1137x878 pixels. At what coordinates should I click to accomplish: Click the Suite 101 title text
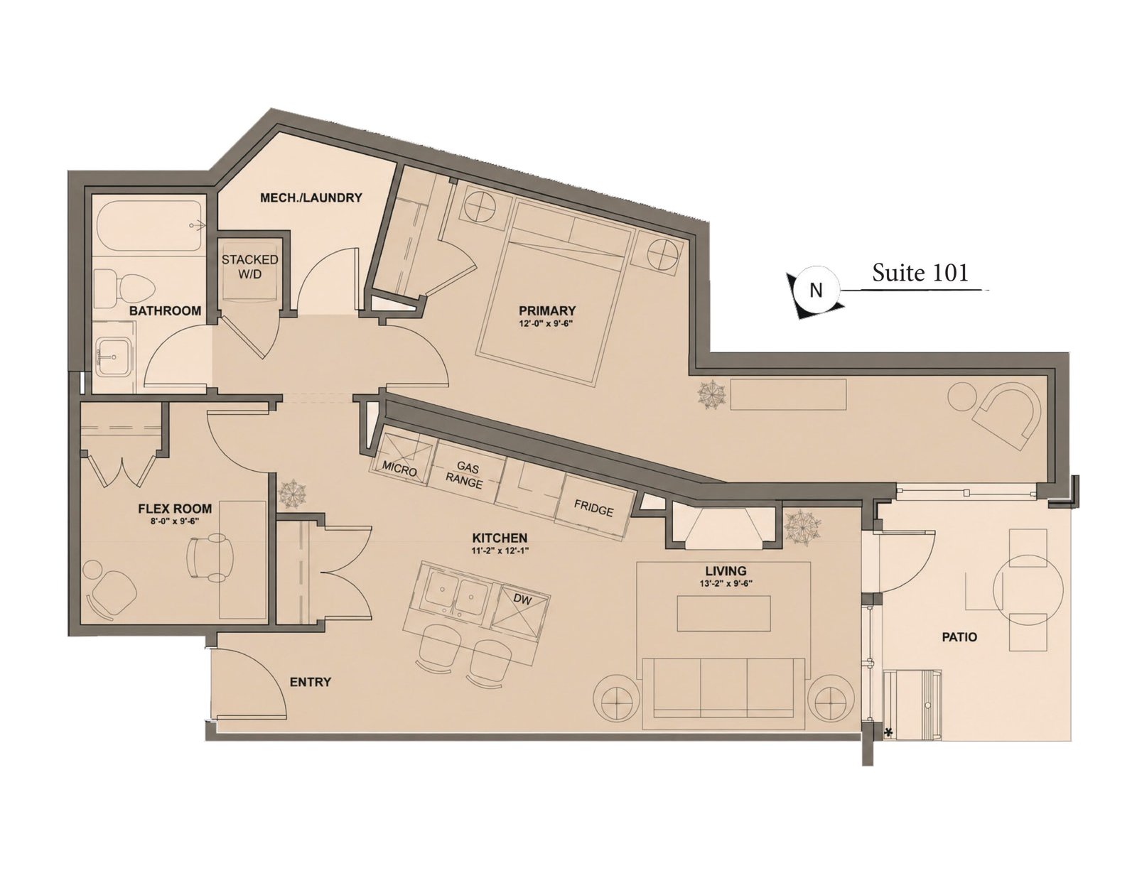[x=920, y=273]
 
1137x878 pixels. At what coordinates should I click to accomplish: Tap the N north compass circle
[x=816, y=290]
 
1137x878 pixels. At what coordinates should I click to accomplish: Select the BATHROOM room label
[x=166, y=310]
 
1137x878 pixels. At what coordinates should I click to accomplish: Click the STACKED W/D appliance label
[x=250, y=266]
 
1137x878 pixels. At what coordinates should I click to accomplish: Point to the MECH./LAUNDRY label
[x=311, y=197]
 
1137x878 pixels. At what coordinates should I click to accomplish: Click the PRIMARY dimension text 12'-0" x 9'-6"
[x=546, y=323]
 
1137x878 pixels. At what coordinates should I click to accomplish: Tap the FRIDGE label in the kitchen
[x=593, y=508]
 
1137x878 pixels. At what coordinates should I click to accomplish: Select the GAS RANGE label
[x=465, y=475]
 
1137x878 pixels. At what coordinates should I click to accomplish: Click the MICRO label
[x=400, y=468]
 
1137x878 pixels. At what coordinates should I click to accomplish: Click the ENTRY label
[x=311, y=682]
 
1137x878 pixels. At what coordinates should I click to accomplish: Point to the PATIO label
[x=959, y=637]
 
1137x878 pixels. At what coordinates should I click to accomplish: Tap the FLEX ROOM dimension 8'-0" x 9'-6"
[x=175, y=521]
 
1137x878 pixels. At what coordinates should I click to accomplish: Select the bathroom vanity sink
[x=112, y=356]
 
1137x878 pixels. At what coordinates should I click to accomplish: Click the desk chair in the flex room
[x=210, y=558]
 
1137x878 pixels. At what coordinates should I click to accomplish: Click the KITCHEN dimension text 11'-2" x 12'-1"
[x=500, y=550]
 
